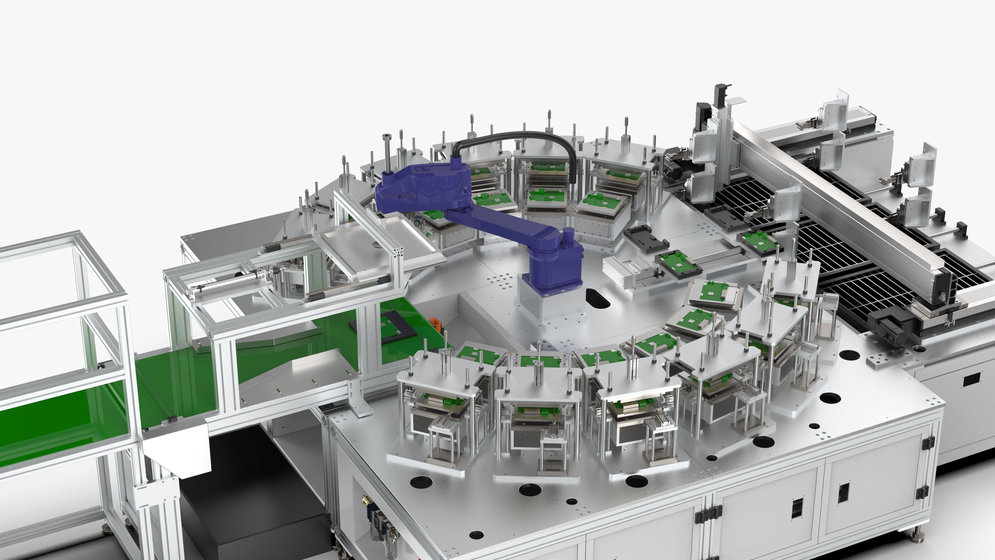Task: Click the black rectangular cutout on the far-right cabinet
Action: (x=972, y=380)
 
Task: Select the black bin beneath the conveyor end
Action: (x=251, y=499)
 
